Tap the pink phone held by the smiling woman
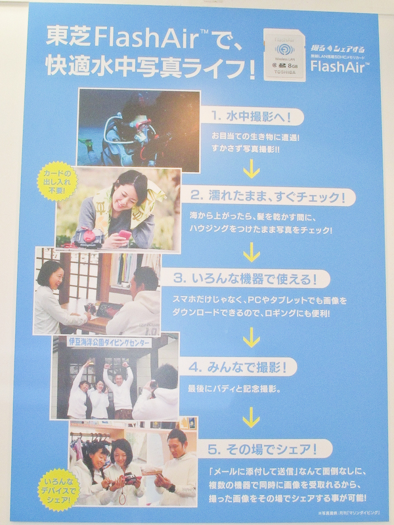(125, 233)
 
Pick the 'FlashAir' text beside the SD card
(335, 66)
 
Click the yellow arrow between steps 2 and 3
(250, 251)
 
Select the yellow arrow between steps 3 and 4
(250, 337)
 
